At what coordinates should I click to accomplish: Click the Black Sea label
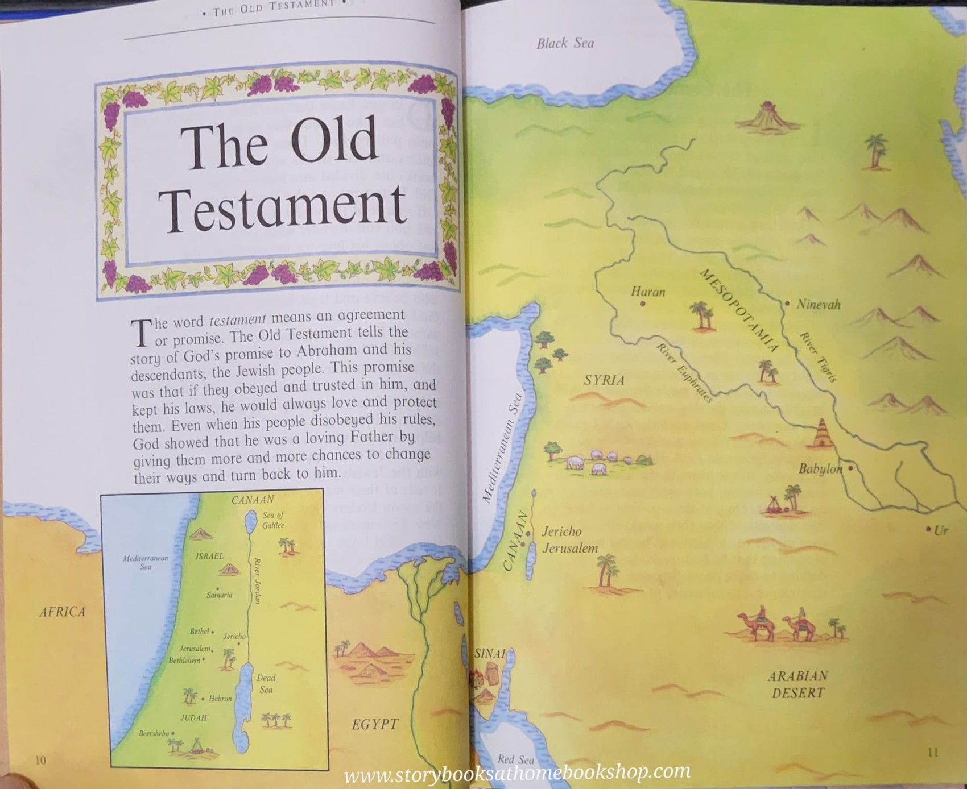[x=565, y=43]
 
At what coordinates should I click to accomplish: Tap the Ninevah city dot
[x=787, y=304]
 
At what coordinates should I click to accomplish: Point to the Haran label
[x=648, y=292]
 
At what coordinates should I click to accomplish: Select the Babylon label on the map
[x=820, y=469]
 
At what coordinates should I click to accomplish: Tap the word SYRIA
[x=604, y=380]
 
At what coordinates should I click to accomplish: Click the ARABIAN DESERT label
[x=797, y=684]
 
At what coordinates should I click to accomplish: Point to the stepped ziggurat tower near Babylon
[x=822, y=435]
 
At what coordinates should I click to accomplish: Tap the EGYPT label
[x=375, y=724]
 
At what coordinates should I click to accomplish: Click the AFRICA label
[x=63, y=612]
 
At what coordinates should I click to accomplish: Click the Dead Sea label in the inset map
[x=266, y=683]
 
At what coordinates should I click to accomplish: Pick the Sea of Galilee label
[x=273, y=520]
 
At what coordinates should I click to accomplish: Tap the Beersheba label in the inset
[x=154, y=733]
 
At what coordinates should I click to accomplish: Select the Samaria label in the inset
[x=219, y=595]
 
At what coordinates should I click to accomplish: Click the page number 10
[x=40, y=760]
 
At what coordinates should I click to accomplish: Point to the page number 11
[x=933, y=752]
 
